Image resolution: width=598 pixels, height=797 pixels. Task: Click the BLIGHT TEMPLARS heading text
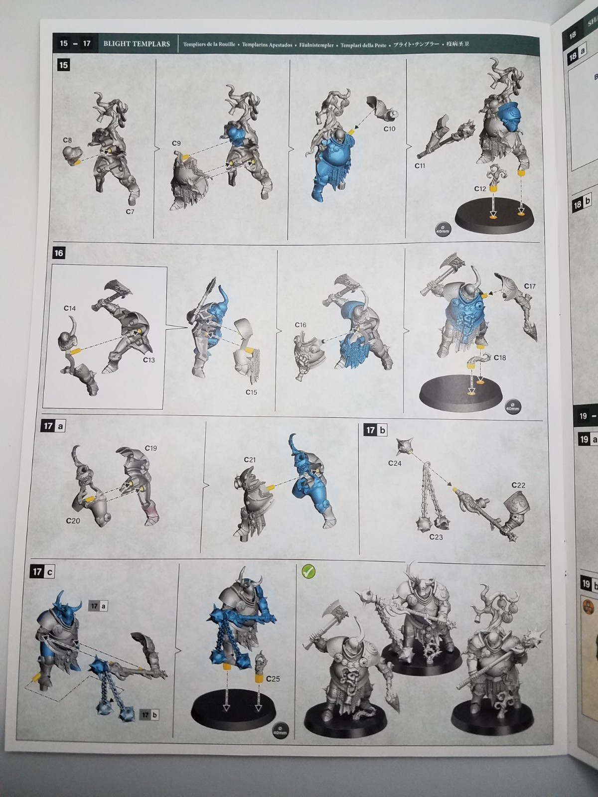(137, 44)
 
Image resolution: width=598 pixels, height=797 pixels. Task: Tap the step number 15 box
(63, 65)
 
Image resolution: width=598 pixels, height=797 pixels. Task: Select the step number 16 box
(58, 253)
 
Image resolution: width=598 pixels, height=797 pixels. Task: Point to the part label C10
(389, 129)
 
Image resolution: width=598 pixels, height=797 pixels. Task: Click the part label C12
(480, 189)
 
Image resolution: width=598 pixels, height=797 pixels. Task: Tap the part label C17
(530, 286)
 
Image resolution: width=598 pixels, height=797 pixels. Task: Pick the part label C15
(251, 392)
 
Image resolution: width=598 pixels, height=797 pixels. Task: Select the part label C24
(395, 463)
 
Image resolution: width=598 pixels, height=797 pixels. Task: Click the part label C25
(273, 678)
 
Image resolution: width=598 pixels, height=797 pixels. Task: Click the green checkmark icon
(308, 572)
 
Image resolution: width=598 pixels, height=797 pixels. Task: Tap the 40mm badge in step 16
(512, 406)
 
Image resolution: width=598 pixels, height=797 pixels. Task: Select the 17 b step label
(376, 429)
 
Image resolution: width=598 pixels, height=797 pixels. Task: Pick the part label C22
(518, 485)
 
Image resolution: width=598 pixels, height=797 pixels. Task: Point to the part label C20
(73, 521)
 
